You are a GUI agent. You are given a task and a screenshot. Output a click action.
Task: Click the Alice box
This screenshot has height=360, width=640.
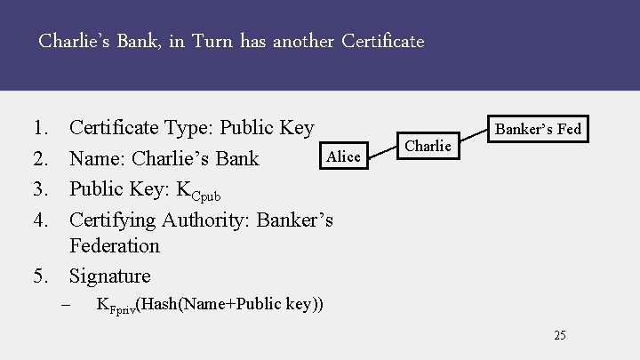[x=343, y=157]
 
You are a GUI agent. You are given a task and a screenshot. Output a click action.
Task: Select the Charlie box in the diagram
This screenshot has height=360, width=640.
[x=428, y=145]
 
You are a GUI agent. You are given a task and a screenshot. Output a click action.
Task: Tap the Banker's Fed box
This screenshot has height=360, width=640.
[x=537, y=129]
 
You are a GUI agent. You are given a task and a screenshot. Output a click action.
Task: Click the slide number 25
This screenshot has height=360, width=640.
[x=559, y=335]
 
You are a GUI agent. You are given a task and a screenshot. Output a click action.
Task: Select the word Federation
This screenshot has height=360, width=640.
[x=114, y=245]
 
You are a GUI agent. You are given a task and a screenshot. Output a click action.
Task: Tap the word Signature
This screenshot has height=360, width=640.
[x=109, y=276]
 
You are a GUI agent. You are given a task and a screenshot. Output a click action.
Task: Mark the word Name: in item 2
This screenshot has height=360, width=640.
[x=96, y=158]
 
